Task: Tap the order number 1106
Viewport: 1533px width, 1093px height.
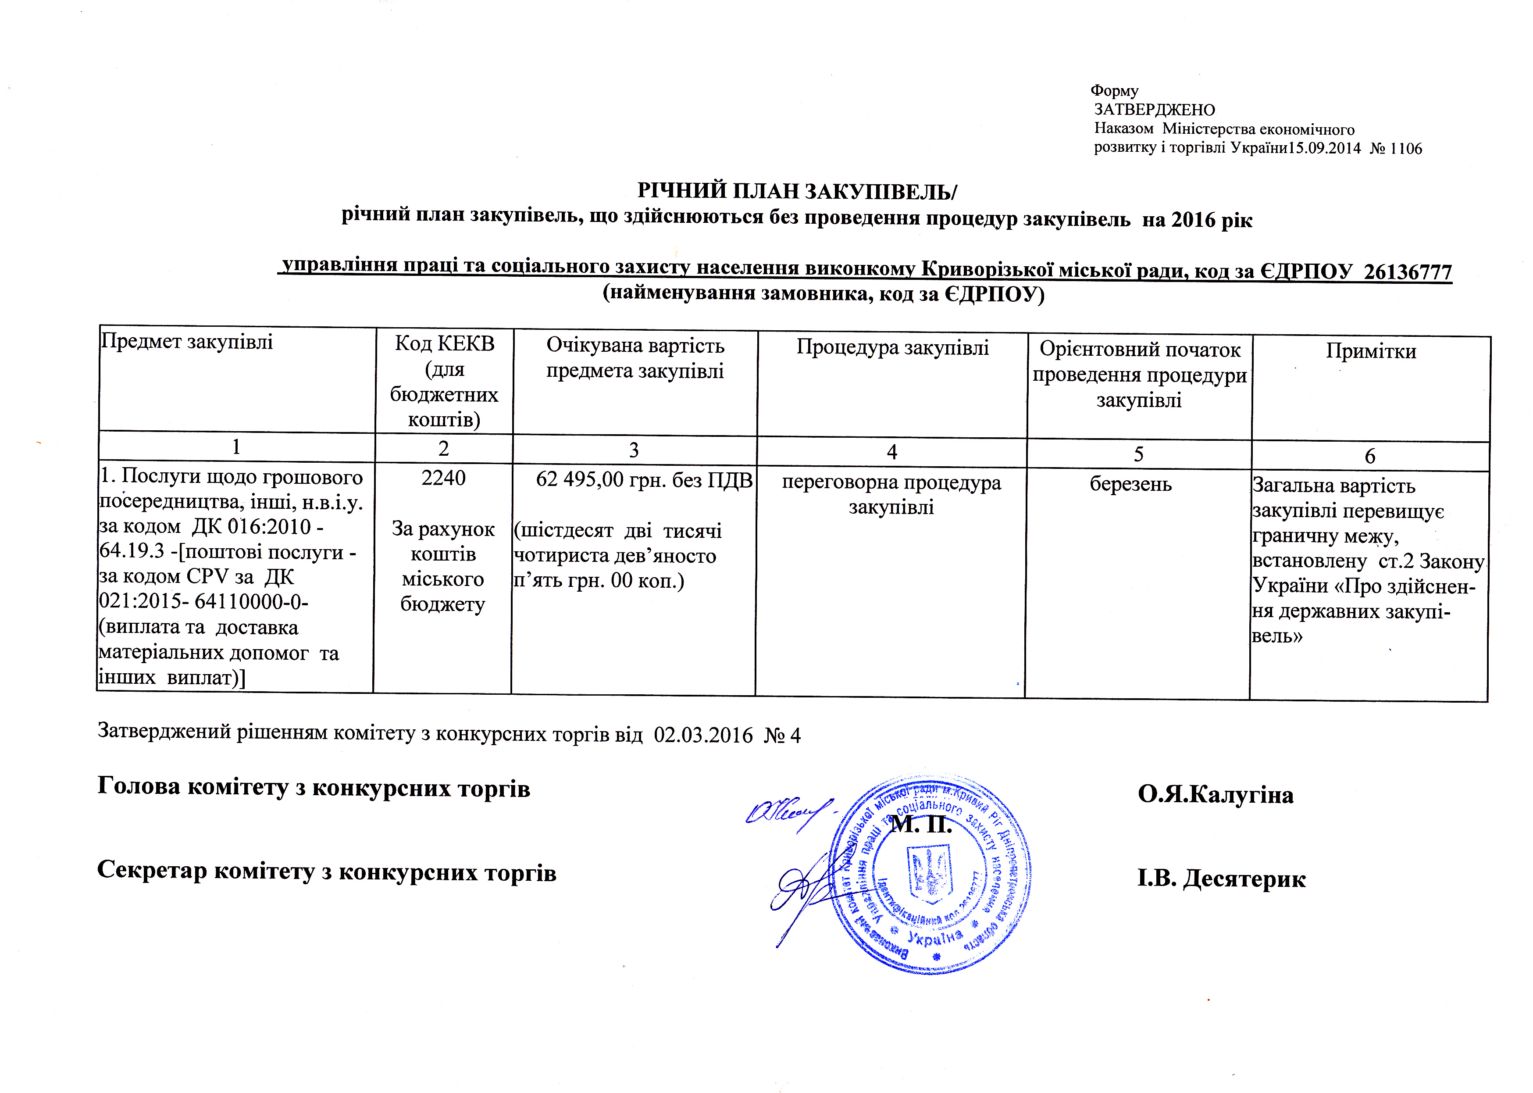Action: tap(1406, 149)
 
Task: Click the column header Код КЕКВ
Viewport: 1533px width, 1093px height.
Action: tap(444, 343)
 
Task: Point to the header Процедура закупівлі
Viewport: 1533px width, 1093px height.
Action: tap(892, 347)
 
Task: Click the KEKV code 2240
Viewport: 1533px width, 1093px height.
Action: tap(443, 478)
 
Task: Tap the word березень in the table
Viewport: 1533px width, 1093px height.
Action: tap(1130, 483)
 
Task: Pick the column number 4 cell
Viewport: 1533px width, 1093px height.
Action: tap(891, 452)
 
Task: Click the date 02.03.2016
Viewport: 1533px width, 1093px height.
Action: tap(703, 734)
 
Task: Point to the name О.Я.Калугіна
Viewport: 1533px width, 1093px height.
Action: tap(1216, 795)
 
